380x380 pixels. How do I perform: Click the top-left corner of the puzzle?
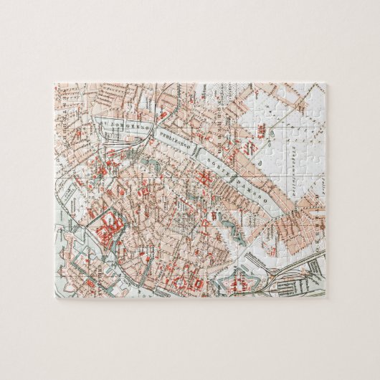tap(56, 85)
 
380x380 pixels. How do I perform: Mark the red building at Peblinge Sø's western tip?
tap(162, 115)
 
